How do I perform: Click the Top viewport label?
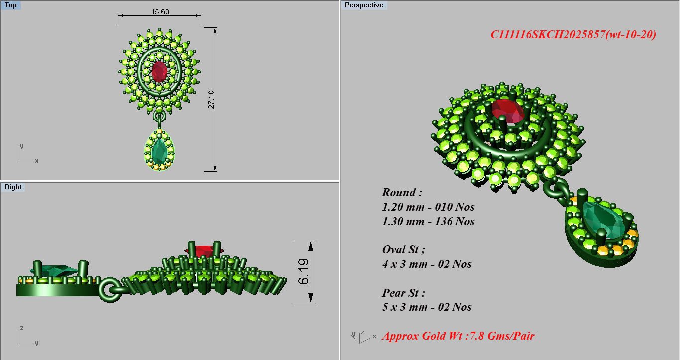(11, 5)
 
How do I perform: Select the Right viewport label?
(13, 187)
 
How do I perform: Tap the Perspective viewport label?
(364, 5)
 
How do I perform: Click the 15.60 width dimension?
(159, 11)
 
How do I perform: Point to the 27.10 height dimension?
(211, 100)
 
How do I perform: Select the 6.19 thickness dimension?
(304, 272)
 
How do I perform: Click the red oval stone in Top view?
(159, 72)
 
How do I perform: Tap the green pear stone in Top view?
(160, 150)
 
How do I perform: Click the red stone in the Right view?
(203, 250)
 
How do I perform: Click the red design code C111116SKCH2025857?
(572, 35)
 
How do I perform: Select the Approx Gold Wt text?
(458, 336)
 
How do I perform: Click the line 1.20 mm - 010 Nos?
(428, 207)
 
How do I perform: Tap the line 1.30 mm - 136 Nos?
(428, 221)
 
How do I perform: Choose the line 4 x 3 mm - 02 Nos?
(427, 264)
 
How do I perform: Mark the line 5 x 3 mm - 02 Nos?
(427, 307)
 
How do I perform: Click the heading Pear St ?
(403, 293)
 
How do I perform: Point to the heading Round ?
(402, 193)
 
